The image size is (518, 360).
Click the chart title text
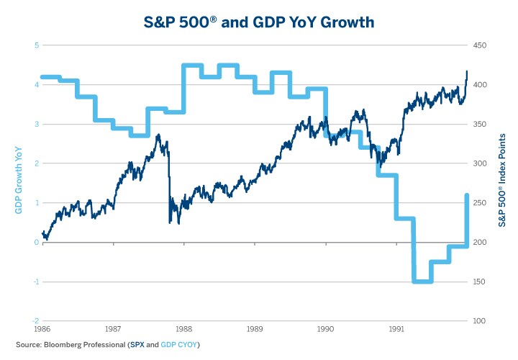(x=259, y=22)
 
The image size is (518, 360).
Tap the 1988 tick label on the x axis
(x=184, y=328)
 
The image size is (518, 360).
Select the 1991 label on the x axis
(x=396, y=328)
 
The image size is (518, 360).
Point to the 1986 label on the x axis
(x=43, y=328)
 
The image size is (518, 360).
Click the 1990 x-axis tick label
(x=326, y=328)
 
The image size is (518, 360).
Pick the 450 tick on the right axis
(x=481, y=45)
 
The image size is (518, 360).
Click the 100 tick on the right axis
(x=481, y=321)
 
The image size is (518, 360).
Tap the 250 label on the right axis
(x=481, y=203)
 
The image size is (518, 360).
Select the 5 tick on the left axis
(x=36, y=45)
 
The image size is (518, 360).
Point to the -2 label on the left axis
(x=35, y=321)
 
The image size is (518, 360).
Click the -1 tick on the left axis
(x=35, y=282)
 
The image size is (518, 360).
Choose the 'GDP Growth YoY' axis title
(x=19, y=183)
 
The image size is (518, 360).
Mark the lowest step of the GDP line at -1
(x=422, y=282)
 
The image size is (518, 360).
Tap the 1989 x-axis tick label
(x=255, y=328)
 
